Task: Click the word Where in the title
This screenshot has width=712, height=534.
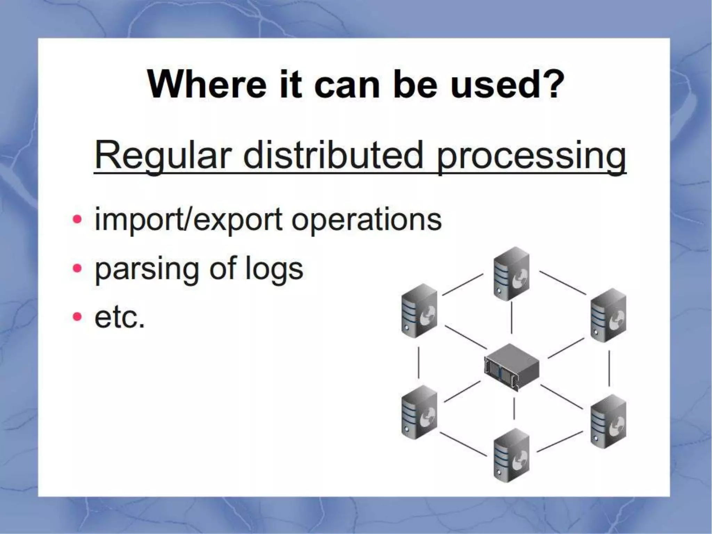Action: [207, 84]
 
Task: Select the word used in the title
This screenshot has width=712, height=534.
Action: [492, 84]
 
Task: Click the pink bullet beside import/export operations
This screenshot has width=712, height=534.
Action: [77, 220]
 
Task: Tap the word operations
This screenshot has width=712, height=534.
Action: [366, 220]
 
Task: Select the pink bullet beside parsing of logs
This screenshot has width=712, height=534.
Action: [77, 268]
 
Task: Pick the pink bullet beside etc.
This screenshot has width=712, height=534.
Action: [77, 317]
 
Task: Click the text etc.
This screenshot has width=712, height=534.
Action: [119, 317]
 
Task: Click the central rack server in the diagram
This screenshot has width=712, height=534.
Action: [511, 366]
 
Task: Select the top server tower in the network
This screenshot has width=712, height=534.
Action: [511, 274]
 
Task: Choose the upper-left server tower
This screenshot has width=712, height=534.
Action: [419, 310]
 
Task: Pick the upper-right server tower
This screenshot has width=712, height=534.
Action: [608, 315]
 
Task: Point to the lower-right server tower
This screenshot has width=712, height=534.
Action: [608, 421]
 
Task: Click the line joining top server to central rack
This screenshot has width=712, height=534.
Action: [511, 317]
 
